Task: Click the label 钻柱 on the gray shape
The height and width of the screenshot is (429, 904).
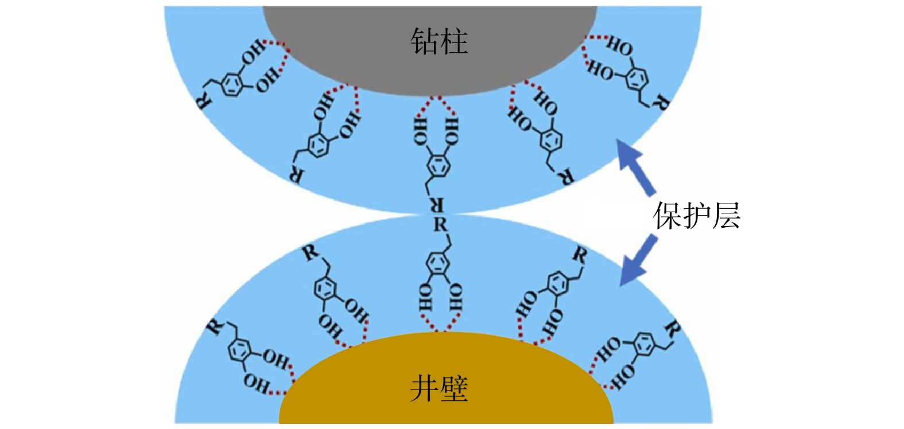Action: [x=439, y=42]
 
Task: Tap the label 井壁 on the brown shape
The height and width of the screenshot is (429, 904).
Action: [x=439, y=389]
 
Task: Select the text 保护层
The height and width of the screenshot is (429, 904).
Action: [x=697, y=216]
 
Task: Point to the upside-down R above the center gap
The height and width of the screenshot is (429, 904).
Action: [x=438, y=205]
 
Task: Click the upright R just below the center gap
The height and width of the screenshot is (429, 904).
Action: [x=440, y=225]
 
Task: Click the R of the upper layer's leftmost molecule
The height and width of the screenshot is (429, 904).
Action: [x=204, y=101]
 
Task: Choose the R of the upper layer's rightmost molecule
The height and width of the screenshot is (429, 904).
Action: [x=662, y=104]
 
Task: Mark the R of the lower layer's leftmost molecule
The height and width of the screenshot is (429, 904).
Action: [x=215, y=327]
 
